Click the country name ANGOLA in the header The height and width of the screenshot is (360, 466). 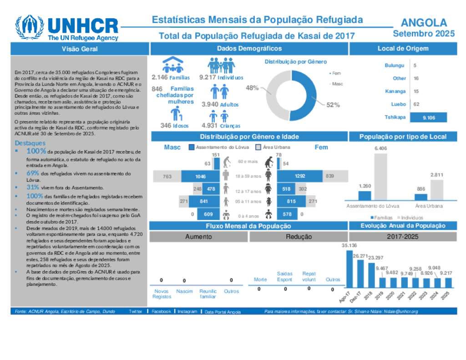click(x=424, y=23)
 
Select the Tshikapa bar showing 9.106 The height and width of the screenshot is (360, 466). click(x=428, y=117)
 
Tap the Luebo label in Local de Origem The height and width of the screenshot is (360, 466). click(x=399, y=104)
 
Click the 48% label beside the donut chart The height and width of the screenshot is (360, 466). click(x=252, y=88)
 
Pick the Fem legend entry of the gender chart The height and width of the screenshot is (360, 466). click(x=336, y=73)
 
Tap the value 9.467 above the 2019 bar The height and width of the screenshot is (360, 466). click(x=382, y=269)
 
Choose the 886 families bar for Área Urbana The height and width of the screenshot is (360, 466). click(x=420, y=197)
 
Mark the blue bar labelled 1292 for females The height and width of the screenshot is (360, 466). click(x=299, y=176)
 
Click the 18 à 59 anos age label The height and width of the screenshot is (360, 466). click(x=248, y=176)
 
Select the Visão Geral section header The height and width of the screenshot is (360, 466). click(x=80, y=49)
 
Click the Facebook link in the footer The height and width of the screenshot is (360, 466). click(x=161, y=312)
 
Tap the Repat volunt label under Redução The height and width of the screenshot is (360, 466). click(x=309, y=277)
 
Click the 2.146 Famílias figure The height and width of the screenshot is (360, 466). click(x=171, y=77)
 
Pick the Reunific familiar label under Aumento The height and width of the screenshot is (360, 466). click(x=208, y=294)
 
